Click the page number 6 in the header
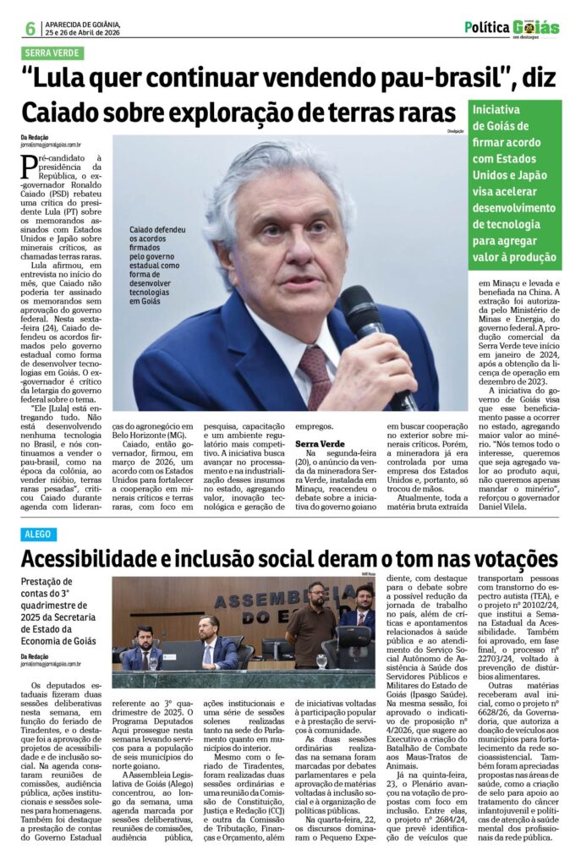[x=30, y=27]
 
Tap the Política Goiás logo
[x=512, y=27]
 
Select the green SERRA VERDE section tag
[x=52, y=52]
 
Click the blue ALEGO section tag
[x=39, y=534]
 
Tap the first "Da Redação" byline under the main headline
[x=35, y=137]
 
